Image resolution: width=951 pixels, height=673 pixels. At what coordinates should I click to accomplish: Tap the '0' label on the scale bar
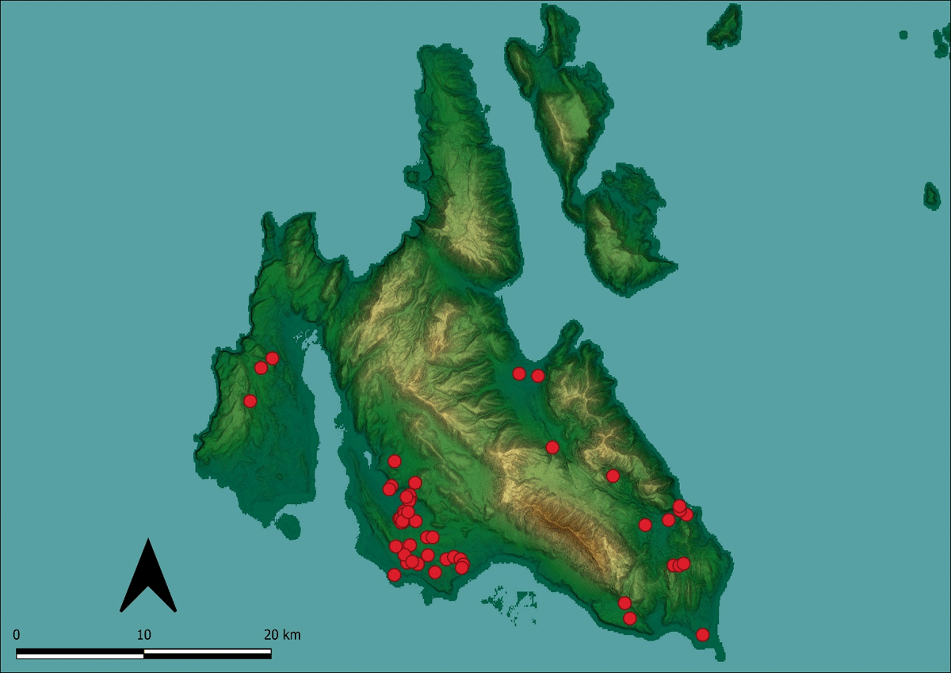(17, 635)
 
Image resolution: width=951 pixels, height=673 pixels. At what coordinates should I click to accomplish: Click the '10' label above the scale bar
(143, 635)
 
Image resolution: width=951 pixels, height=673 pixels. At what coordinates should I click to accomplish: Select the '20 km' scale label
(282, 635)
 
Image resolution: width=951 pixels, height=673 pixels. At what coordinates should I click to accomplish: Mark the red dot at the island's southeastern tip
(702, 634)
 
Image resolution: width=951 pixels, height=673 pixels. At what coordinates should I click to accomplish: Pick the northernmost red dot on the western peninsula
(273, 358)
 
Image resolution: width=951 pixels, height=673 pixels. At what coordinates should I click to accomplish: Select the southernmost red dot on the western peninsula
(250, 401)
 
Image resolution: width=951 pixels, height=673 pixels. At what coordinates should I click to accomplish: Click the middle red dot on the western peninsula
(261, 368)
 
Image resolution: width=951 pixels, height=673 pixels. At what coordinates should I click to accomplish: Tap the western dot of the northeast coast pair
(519, 373)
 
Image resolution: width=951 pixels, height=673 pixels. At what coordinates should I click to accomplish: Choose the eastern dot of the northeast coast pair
(538, 376)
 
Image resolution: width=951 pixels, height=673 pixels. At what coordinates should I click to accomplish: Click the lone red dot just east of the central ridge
(552, 448)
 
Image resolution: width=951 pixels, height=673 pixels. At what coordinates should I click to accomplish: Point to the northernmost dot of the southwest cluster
(395, 461)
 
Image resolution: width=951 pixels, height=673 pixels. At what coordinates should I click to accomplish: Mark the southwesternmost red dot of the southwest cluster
(395, 575)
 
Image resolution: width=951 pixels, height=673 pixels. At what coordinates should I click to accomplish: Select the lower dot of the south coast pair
(630, 618)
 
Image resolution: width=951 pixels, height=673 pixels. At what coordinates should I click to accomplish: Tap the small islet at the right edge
(932, 195)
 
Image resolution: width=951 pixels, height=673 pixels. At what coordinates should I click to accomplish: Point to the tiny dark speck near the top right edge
(903, 35)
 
